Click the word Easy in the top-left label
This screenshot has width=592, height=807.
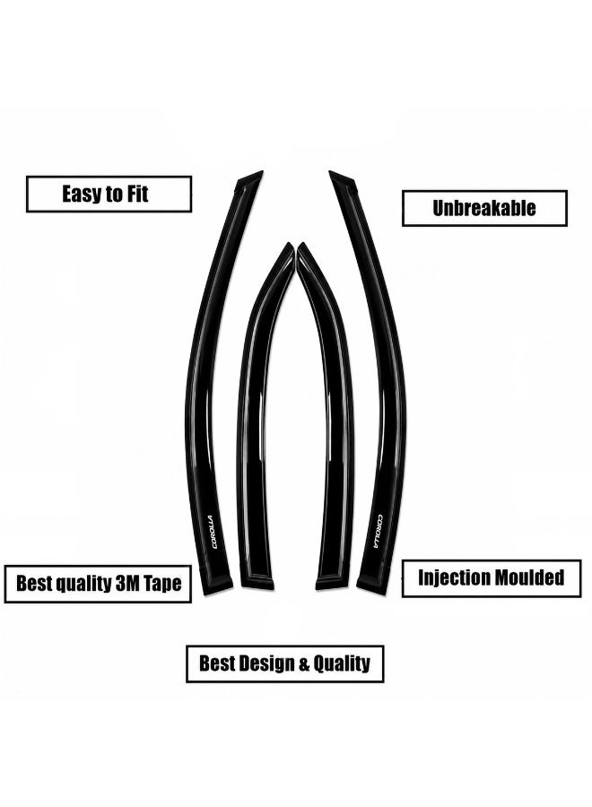(82, 194)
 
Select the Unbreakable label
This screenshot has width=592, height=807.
(483, 208)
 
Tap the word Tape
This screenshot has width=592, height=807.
(162, 584)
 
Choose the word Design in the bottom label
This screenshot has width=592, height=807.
(266, 663)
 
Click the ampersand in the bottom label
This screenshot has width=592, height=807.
(304, 664)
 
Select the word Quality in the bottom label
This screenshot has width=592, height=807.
(342, 664)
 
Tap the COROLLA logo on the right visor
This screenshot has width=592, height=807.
(378, 531)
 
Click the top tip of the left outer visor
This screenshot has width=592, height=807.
(262, 171)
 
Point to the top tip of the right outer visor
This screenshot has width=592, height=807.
(330, 171)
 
